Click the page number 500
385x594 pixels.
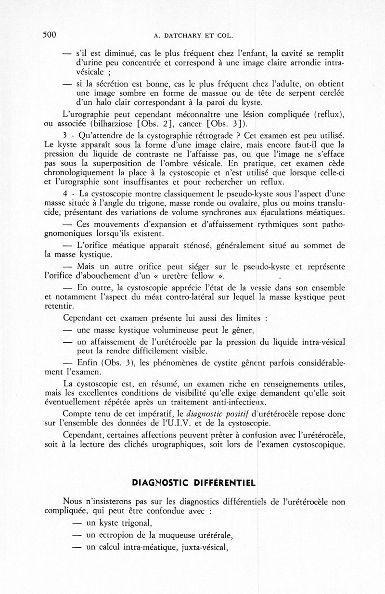(x=50, y=35)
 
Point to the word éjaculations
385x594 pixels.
(x=293, y=213)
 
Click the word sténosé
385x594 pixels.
(x=191, y=245)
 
